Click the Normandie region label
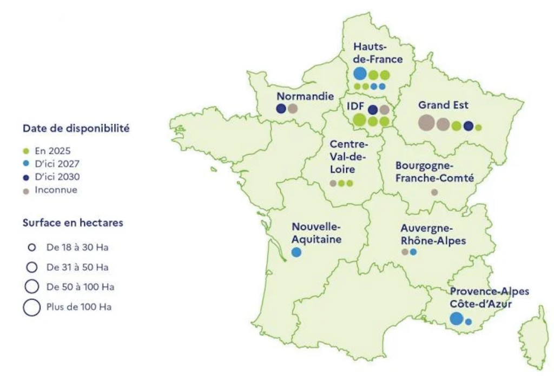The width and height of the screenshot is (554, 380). (x=305, y=96)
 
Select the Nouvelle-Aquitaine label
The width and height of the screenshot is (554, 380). (x=316, y=233)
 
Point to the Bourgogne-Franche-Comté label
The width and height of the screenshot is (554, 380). (x=434, y=171)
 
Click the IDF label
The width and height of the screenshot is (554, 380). (x=355, y=105)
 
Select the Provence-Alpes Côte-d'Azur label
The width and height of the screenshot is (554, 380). (x=489, y=297)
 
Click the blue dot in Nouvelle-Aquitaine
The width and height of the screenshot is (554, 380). (x=296, y=252)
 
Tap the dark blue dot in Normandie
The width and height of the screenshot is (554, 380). (x=281, y=109)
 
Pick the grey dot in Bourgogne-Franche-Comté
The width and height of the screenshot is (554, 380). (x=434, y=192)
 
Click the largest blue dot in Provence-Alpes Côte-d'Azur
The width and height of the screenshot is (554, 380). (x=456, y=318)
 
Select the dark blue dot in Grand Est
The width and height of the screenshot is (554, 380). (x=469, y=126)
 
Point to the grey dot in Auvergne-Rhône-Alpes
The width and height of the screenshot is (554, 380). (x=405, y=252)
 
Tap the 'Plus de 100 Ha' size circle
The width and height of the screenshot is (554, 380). (x=32, y=307)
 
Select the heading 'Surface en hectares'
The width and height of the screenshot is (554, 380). (x=72, y=222)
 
